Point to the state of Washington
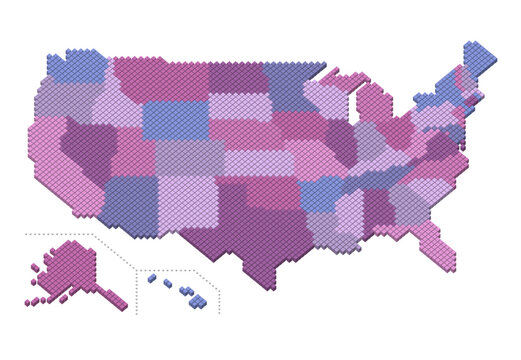[76, 67]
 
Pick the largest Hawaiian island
[199, 301]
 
